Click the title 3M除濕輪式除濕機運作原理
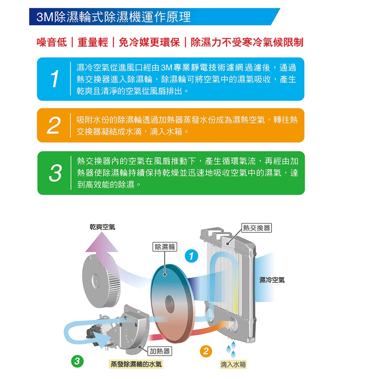(x=114, y=17)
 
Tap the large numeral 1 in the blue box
(x=55, y=78)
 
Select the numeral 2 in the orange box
(x=54, y=125)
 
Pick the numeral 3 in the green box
(x=55, y=173)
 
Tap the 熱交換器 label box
(x=257, y=228)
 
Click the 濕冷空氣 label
(x=271, y=280)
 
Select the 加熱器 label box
(x=160, y=351)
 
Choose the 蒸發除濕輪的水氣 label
(x=136, y=364)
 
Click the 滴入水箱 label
(x=233, y=364)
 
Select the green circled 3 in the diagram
(x=77, y=361)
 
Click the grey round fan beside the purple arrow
(x=99, y=277)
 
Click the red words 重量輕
(x=93, y=42)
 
